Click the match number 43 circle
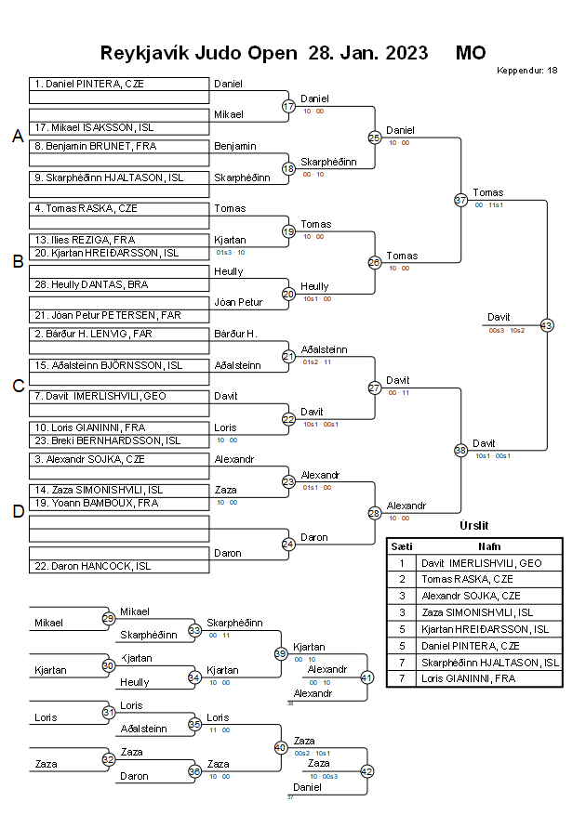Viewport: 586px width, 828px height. [x=546, y=325]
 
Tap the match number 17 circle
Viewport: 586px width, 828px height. [x=288, y=106]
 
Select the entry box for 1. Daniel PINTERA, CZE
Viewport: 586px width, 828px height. [x=118, y=84]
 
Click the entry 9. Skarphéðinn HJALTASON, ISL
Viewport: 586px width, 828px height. [x=118, y=177]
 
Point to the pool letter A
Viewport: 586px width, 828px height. [x=17, y=137]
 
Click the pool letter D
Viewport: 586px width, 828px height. [x=17, y=510]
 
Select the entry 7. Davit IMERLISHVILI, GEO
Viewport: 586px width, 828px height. [x=118, y=396]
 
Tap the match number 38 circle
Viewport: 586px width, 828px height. [x=460, y=450]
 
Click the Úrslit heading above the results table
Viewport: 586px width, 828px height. [x=474, y=526]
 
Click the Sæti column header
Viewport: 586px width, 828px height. [x=402, y=546]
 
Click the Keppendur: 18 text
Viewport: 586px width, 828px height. [x=526, y=71]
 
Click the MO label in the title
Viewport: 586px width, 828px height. [x=471, y=52]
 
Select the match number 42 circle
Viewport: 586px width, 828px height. [x=366, y=770]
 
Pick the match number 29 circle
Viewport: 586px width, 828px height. [x=108, y=618]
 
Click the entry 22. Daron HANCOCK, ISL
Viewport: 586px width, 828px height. [x=118, y=566]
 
